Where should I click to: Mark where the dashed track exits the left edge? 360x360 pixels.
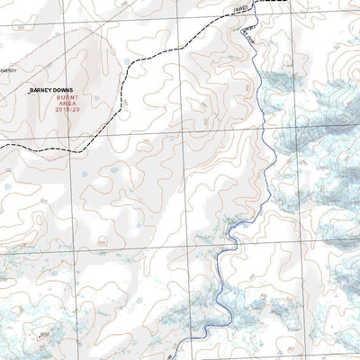coord(2,144)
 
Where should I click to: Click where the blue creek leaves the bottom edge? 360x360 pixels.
coord(178,357)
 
